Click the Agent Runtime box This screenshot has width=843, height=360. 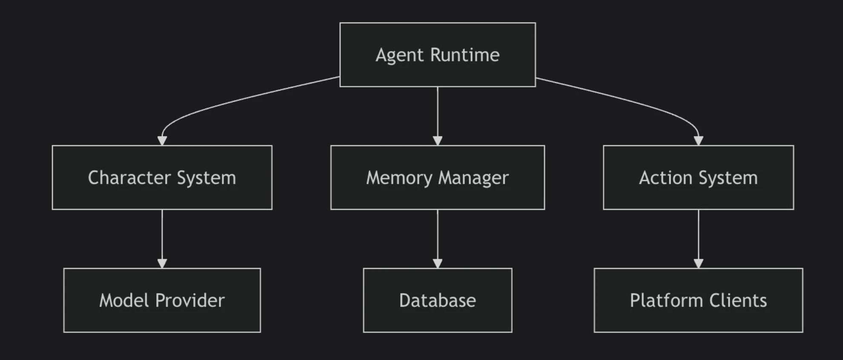(x=437, y=54)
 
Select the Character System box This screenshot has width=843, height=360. (x=162, y=177)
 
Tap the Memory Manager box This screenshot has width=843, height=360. (x=437, y=177)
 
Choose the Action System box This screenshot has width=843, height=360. (x=698, y=177)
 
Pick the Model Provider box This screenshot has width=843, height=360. (x=162, y=300)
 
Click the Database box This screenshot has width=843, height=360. (x=437, y=300)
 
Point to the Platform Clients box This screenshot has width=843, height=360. (x=698, y=300)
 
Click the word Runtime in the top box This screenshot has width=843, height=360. (x=465, y=55)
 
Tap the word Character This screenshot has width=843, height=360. (x=129, y=177)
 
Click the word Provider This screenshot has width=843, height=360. (x=190, y=300)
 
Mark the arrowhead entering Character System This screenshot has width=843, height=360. (x=162, y=141)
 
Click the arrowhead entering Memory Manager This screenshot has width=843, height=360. (x=437, y=141)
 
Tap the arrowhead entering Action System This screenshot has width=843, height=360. (x=698, y=141)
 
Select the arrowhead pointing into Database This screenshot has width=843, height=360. (x=437, y=263)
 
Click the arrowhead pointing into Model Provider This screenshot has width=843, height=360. (x=162, y=263)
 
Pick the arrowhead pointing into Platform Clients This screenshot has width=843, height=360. (x=698, y=263)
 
